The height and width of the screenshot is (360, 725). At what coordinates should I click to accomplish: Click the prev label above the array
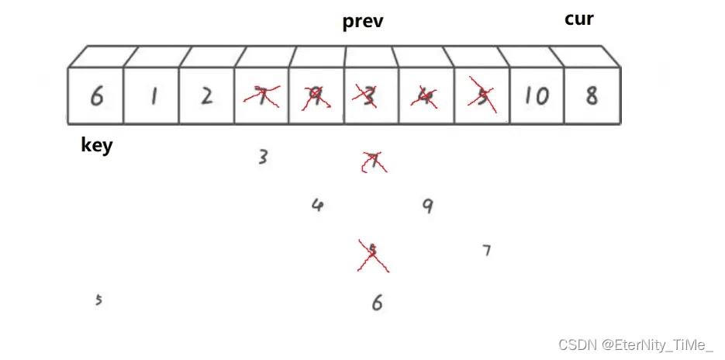[x=363, y=22]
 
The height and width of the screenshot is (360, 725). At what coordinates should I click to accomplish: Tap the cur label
[x=578, y=19]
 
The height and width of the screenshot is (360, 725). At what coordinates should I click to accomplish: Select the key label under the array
[x=97, y=145]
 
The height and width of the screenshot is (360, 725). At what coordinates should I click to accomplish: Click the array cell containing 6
[x=96, y=96]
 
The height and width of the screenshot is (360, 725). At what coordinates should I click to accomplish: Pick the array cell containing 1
[x=153, y=96]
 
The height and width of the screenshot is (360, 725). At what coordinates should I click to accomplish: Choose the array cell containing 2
[x=206, y=96]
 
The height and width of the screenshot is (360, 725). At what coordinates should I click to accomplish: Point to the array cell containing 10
[x=536, y=96]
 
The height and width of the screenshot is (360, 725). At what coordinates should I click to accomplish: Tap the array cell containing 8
[x=592, y=96]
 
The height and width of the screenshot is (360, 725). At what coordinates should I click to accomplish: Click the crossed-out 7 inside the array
[x=262, y=96]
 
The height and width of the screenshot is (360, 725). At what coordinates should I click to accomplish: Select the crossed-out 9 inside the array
[x=316, y=96]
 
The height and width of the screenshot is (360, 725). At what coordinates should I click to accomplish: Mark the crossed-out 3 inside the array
[x=369, y=96]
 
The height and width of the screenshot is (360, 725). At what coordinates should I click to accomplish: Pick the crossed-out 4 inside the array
[x=424, y=96]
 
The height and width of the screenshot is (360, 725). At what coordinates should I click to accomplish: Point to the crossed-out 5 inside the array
[x=481, y=96]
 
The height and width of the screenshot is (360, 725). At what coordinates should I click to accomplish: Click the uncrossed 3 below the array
[x=264, y=157]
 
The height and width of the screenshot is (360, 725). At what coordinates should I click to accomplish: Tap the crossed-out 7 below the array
[x=373, y=162]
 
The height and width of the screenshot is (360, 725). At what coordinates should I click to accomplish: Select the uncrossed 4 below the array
[x=316, y=206]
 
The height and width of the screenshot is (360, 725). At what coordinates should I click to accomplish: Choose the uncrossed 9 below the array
[x=427, y=206]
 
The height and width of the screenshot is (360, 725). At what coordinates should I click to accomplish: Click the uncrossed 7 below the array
[x=486, y=251]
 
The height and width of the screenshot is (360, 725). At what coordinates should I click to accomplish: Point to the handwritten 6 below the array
[x=377, y=303]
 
